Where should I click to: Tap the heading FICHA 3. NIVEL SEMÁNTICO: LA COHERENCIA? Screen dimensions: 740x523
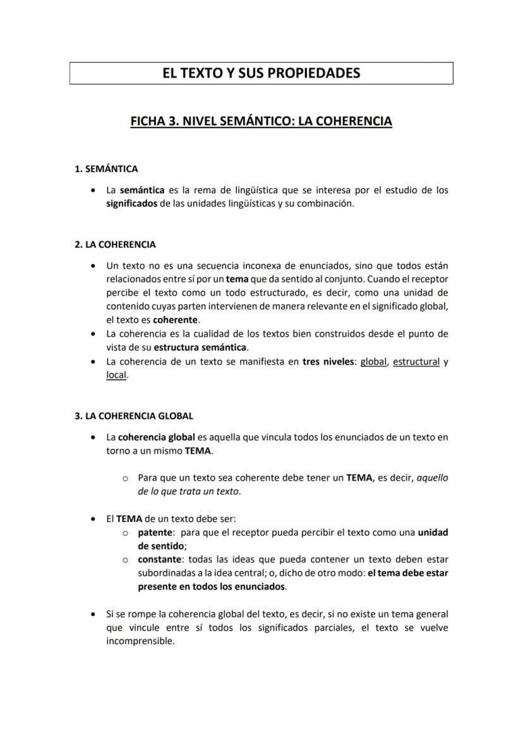pos(261,120)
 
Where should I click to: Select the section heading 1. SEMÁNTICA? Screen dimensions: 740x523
pos(106,169)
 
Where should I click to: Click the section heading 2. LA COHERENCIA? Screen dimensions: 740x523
pos(115,245)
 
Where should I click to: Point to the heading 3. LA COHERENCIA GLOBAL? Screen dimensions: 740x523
pos(134,416)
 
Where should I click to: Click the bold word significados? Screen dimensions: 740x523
pos(131,204)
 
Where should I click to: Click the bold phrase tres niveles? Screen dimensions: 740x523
pos(328,361)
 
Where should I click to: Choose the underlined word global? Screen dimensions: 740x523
pos(373,361)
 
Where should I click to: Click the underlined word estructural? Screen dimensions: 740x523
pos(416,361)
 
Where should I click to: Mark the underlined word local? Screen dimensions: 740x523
pos(116,375)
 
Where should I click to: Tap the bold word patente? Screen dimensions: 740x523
pos(155,532)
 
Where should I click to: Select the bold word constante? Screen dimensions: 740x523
pos(159,560)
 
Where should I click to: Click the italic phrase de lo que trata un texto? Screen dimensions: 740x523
pos(189,491)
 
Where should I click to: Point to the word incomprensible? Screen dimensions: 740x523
pos(140,641)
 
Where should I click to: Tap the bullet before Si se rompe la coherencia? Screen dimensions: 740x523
pos(94,614)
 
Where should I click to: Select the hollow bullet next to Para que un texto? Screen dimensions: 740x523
pos(126,478)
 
